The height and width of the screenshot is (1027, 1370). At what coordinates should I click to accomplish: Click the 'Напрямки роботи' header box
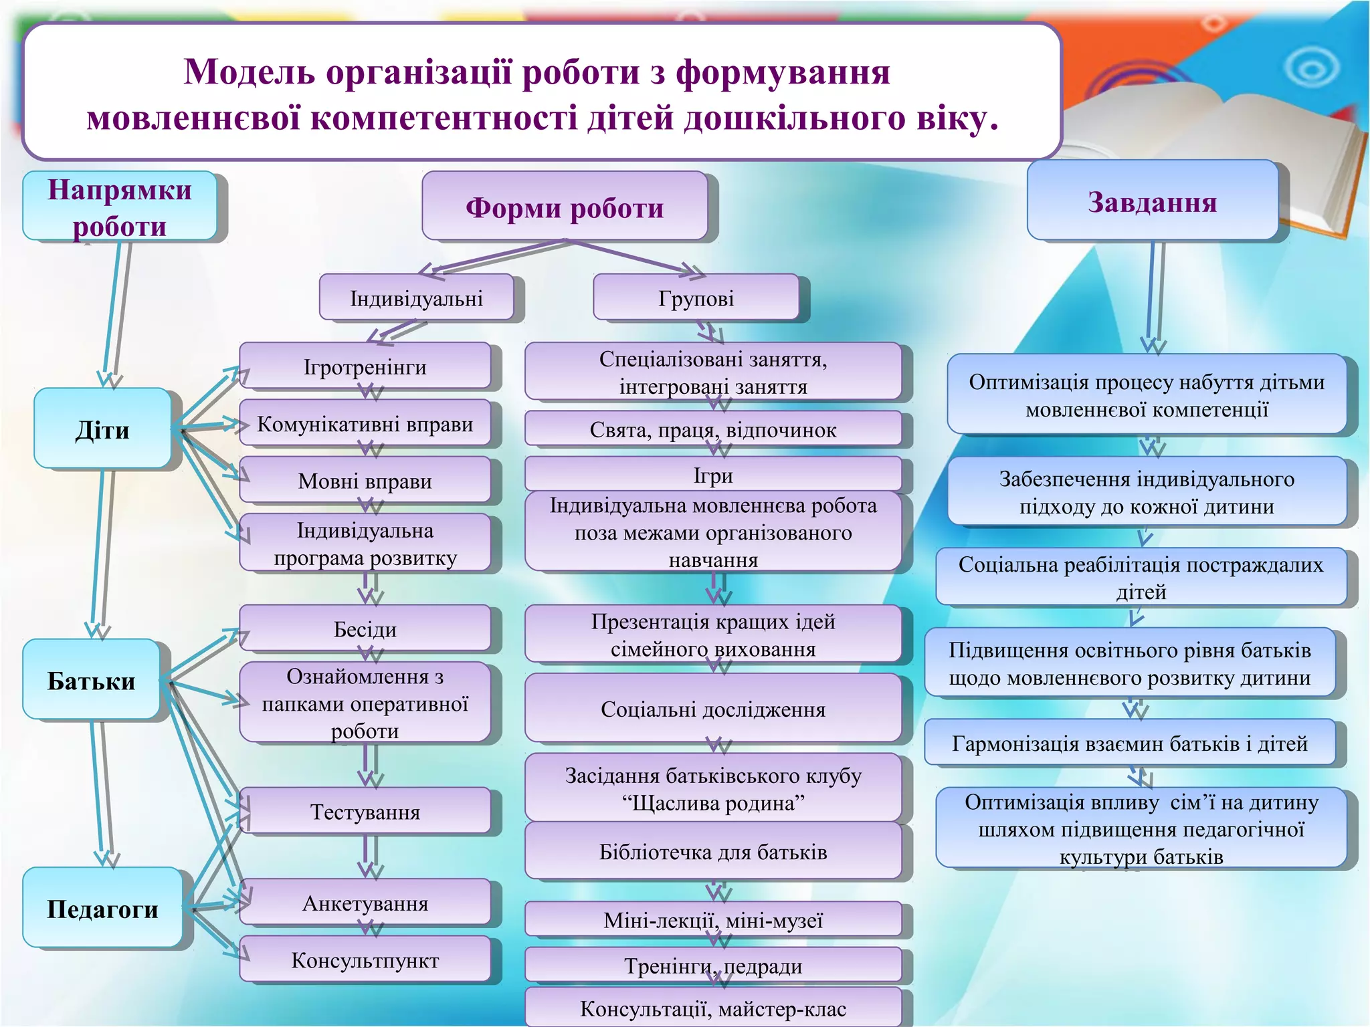[120, 207]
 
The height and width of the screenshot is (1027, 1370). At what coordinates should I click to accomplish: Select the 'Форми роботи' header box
[565, 207]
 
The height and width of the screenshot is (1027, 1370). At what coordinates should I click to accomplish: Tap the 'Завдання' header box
[1152, 201]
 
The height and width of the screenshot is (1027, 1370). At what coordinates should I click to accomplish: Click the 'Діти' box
[102, 429]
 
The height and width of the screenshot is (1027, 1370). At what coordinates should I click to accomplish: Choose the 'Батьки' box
[92, 679]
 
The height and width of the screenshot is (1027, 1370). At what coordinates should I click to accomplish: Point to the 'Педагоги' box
[102, 908]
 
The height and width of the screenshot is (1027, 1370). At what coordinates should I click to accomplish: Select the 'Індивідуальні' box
[416, 298]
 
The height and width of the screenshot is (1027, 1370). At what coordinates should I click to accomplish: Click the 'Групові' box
[696, 298]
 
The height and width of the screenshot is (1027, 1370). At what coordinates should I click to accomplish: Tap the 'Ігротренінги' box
[365, 366]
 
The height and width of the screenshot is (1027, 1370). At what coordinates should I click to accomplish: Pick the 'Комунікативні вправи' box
[365, 423]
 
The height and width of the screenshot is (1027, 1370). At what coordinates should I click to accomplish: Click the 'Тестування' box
[365, 811]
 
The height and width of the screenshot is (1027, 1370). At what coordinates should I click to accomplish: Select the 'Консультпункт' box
[365, 959]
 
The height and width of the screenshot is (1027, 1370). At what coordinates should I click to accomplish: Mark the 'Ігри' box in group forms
[713, 475]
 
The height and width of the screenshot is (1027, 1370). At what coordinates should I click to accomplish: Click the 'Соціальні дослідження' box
[713, 708]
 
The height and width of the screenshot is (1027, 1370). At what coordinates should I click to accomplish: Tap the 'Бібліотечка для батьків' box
[713, 851]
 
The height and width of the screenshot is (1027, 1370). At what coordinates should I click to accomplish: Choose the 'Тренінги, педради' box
[713, 965]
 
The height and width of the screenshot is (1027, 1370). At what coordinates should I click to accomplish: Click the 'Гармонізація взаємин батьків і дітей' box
[1129, 743]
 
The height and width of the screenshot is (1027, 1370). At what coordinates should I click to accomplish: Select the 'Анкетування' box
[365, 903]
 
